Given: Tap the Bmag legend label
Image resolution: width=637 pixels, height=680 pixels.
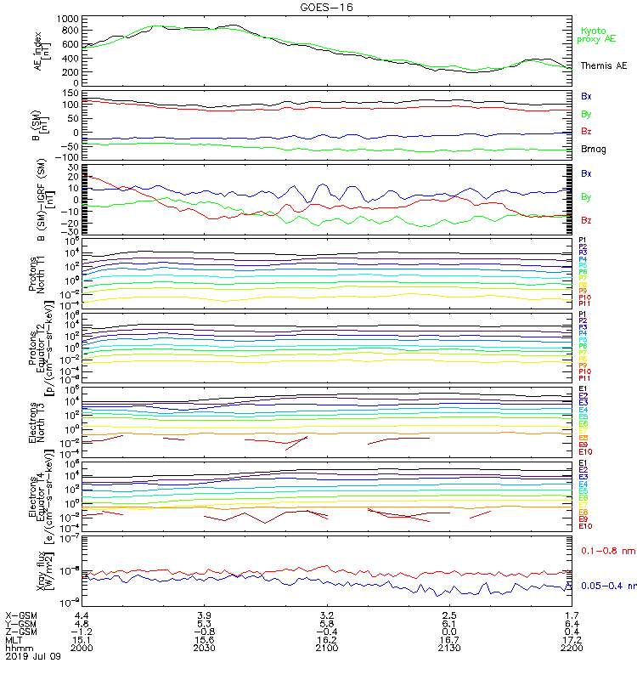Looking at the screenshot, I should pos(591,149).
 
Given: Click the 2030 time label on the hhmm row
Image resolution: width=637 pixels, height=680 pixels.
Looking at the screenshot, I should pos(205,648).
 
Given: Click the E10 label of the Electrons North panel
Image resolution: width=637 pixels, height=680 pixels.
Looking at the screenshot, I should pos(585,451).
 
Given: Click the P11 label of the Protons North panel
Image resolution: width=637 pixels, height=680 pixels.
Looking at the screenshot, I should pos(584,303).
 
